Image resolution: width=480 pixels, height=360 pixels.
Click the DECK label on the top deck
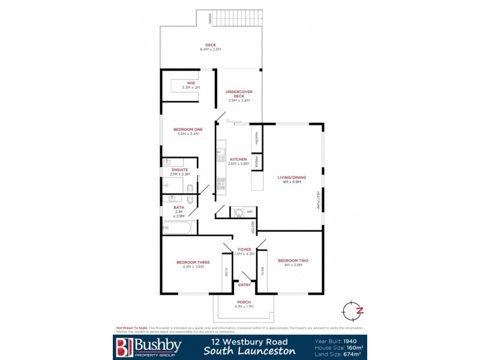tap(210, 45)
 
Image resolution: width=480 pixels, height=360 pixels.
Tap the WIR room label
tap(191, 83)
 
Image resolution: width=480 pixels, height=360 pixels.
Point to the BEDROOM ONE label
tap(188, 129)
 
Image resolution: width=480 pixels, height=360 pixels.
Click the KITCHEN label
tap(239, 159)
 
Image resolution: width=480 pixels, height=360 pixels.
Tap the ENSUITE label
tap(180, 170)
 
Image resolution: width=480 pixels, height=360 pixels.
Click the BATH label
tap(179, 208)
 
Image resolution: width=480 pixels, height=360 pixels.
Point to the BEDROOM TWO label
tap(293, 260)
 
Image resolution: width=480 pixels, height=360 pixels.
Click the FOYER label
tap(244, 249)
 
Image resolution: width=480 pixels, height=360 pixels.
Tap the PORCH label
tap(244, 302)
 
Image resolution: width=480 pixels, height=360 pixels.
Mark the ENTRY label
tap(244, 284)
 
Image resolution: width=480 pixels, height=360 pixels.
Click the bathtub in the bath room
tap(178, 228)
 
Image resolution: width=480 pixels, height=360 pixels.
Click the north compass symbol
tap(352, 310)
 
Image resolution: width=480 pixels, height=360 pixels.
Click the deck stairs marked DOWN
tap(236, 19)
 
